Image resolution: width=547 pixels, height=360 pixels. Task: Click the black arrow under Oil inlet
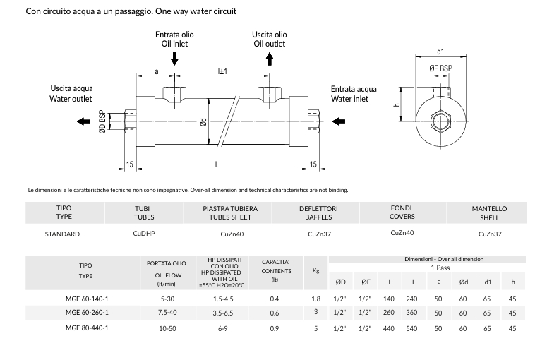(x=174, y=59)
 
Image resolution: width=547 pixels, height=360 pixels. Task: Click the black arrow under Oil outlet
(x=270, y=59)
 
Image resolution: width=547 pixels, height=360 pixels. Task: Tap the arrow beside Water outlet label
(x=83, y=121)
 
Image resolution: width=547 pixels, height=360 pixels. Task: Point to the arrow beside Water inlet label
(x=338, y=121)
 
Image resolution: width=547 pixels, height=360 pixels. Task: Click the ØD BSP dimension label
(x=102, y=121)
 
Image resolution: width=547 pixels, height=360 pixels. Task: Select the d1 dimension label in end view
(x=440, y=52)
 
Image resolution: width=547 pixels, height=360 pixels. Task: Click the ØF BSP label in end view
(x=440, y=68)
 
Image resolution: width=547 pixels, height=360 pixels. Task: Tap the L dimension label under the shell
(x=217, y=164)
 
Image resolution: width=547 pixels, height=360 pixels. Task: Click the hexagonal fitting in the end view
(x=440, y=121)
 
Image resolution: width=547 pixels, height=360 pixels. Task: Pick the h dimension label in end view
(x=397, y=104)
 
